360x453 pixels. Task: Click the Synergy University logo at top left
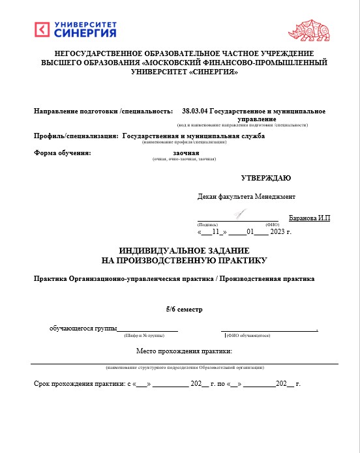(75, 29)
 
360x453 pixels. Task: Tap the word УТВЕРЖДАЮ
(266, 177)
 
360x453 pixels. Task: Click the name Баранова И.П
(310, 218)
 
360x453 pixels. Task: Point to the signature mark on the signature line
(240, 214)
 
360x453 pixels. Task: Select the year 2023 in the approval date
(278, 231)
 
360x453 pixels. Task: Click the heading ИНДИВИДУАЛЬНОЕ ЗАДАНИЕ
(185, 251)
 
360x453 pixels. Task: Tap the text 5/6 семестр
(185, 308)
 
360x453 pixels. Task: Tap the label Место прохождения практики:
(185, 351)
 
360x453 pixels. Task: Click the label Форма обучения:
(61, 153)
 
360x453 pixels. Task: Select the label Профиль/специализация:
(76, 136)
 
